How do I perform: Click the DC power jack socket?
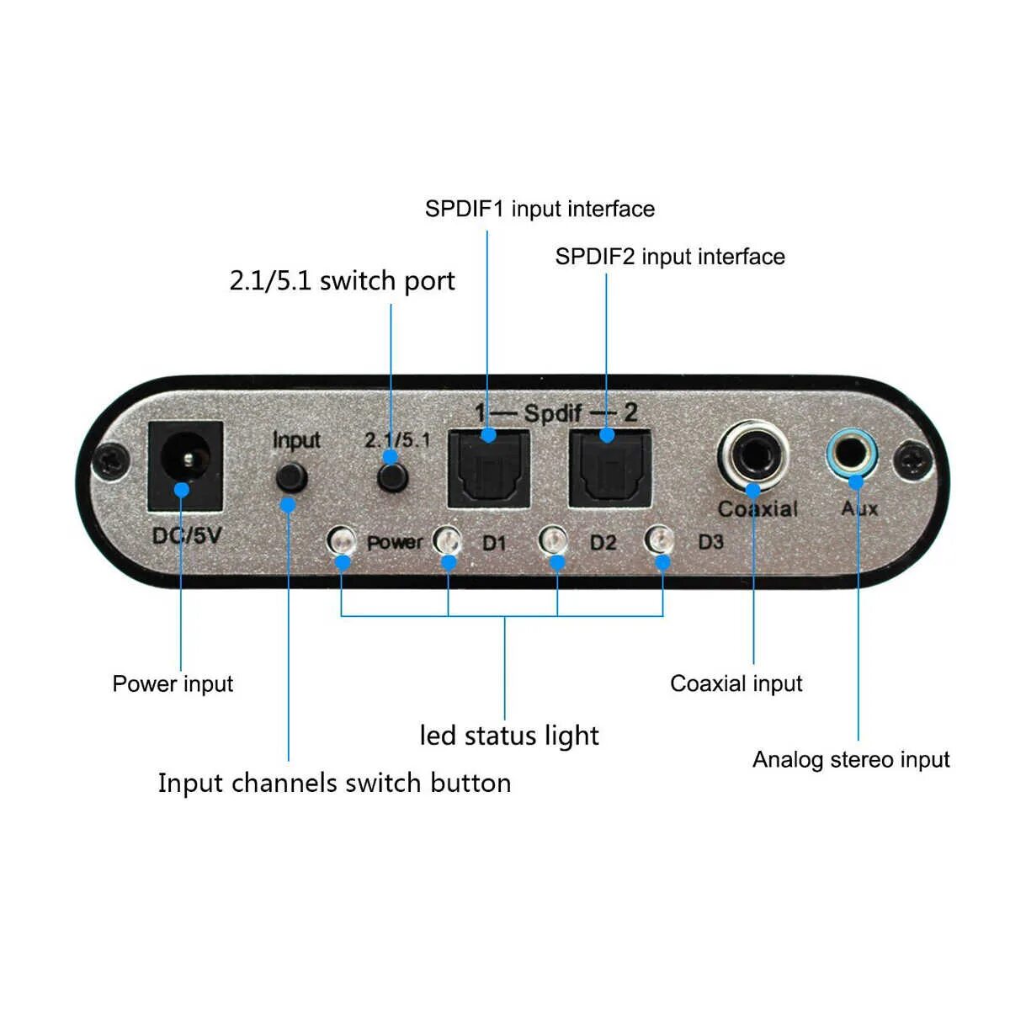(185, 465)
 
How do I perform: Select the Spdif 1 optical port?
(489, 469)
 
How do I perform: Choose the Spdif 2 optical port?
(609, 469)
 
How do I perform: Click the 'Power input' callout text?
(173, 683)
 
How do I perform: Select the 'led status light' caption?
(509, 736)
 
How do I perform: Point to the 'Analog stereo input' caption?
(851, 759)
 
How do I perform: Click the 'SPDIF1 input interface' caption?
(540, 209)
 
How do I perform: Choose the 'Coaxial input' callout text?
(736, 683)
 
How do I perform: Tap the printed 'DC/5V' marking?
(187, 534)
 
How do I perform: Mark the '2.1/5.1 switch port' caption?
(342, 280)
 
